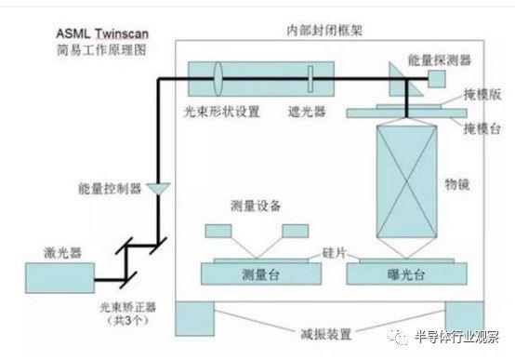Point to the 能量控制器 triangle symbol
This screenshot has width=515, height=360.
(160, 188)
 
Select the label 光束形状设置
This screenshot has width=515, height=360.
(221, 109)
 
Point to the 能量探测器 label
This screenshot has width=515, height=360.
(442, 60)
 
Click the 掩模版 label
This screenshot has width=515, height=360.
(482, 95)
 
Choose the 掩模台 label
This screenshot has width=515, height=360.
(482, 126)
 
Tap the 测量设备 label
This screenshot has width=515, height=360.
(254, 205)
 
